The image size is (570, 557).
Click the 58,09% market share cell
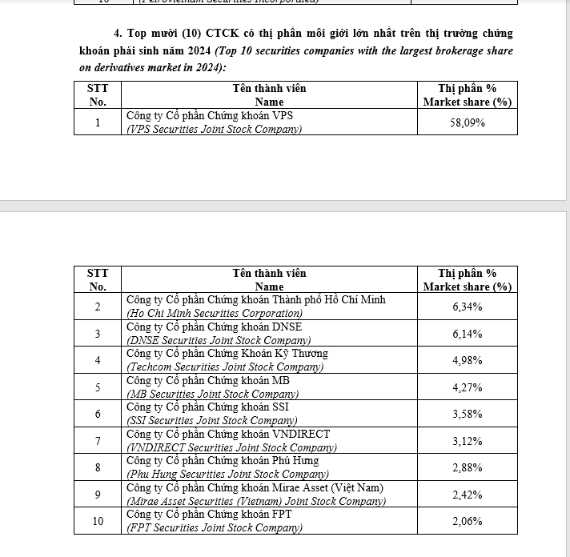point(468,122)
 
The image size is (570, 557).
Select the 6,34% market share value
point(468,307)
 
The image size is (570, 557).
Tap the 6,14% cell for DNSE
point(468,334)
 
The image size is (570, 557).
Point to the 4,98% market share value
point(468,360)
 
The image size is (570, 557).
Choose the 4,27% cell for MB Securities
point(468,387)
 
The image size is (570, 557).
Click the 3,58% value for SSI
point(468,414)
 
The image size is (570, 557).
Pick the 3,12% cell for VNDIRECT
point(468,441)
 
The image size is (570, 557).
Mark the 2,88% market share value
point(468,467)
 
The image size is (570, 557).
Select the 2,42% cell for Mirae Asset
point(468,495)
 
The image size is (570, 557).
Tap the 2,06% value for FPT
point(468,521)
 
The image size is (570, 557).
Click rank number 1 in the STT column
point(98,122)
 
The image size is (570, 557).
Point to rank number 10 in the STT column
point(98,521)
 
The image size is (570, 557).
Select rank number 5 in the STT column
point(98,387)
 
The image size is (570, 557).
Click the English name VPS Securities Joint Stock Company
point(215,129)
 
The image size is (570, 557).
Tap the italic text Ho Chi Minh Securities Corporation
point(215,313)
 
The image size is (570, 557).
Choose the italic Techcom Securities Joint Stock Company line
point(225,367)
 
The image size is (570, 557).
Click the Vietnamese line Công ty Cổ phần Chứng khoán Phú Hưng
point(223,461)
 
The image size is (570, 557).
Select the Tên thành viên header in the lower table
point(269,274)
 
